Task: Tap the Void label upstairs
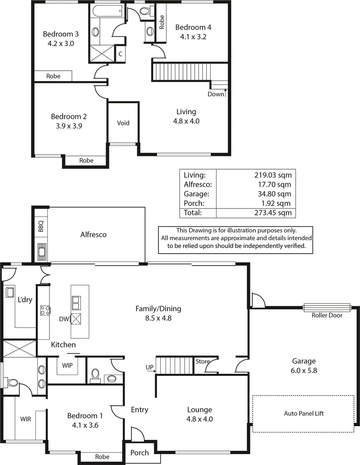[123, 123]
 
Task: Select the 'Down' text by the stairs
[215, 94]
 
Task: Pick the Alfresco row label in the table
[196, 184]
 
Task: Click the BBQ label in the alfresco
[41, 226]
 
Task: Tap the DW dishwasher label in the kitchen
[64, 319]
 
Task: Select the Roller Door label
[327, 315]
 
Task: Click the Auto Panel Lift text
[304, 413]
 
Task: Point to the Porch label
[140, 453]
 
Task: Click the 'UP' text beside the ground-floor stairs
[149, 367]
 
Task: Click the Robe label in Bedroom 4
[162, 22]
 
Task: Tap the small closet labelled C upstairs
[121, 54]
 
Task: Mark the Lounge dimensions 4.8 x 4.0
[199, 418]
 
